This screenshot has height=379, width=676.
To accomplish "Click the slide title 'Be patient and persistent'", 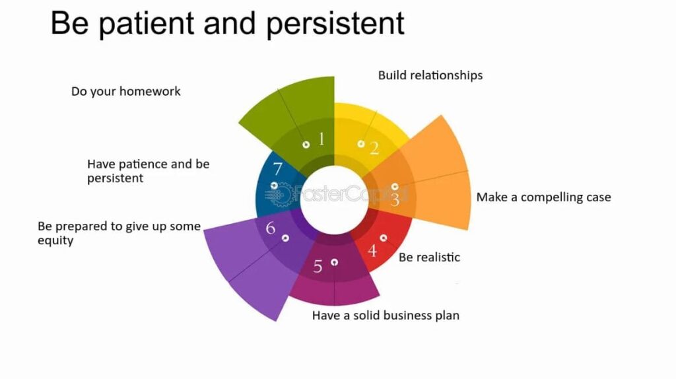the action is pyautogui.click(x=227, y=24).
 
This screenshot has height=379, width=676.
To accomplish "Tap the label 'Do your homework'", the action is pyautogui.click(x=126, y=91).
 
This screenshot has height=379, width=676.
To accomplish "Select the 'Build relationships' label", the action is pyautogui.click(x=430, y=75).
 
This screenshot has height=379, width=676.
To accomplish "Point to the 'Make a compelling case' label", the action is pyautogui.click(x=544, y=197).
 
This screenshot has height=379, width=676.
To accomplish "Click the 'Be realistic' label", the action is pyautogui.click(x=429, y=258).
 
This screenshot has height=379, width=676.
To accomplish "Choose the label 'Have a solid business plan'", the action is pyautogui.click(x=386, y=316).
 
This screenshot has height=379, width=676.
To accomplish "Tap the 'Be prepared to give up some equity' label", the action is pyautogui.click(x=119, y=233).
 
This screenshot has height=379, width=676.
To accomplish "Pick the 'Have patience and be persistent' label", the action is pyautogui.click(x=149, y=171).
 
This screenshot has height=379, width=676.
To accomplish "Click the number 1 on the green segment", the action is pyautogui.click(x=321, y=139).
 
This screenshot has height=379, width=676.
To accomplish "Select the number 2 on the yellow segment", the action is pyautogui.click(x=374, y=149).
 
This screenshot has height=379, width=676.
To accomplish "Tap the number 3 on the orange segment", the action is pyautogui.click(x=395, y=200).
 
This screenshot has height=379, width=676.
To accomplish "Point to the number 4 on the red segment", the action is pyautogui.click(x=372, y=250).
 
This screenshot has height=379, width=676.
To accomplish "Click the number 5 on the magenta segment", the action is pyautogui.click(x=318, y=267).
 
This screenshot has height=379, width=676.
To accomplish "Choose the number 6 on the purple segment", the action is pyautogui.click(x=270, y=228).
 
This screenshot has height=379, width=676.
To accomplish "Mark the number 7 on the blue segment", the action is pyautogui.click(x=278, y=168).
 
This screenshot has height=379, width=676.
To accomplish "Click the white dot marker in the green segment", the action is pyautogui.click(x=306, y=145).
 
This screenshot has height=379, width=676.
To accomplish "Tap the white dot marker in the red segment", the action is pyautogui.click(x=384, y=238).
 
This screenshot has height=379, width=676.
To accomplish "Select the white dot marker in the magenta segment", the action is pyautogui.click(x=334, y=262).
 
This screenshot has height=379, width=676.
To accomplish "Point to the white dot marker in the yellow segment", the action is pyautogui.click(x=361, y=144).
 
